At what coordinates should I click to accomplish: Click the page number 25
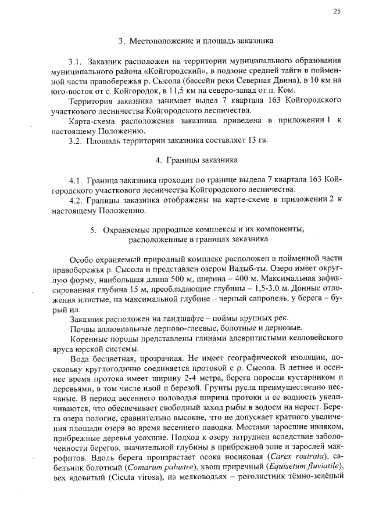pos(337,12)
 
